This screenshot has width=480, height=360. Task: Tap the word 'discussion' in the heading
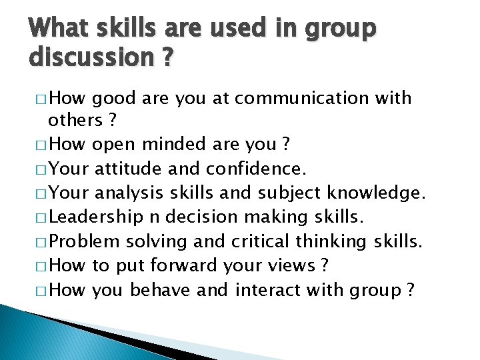click(88, 58)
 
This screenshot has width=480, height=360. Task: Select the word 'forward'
click(175, 265)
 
